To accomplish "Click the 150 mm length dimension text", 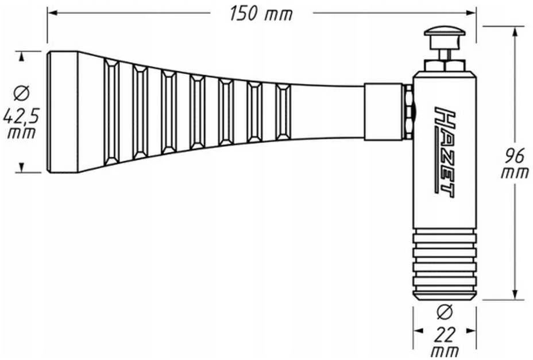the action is point(261,14).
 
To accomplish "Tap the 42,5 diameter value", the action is point(21,115).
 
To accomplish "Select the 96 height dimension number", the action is point(515,156).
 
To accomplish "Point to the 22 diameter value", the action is point(445,335).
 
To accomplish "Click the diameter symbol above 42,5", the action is point(21,94).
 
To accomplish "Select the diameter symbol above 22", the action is point(445,312).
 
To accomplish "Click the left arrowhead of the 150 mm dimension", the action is point(52,13).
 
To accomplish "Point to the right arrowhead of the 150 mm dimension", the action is point(472,13).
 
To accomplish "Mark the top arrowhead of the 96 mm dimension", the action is point(515,32).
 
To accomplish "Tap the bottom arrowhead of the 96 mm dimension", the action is point(515,295).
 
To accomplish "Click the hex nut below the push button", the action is point(445,65).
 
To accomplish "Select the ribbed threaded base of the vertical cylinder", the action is point(445,264).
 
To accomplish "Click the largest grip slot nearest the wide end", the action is point(112,112).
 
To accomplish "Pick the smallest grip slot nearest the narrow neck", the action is point(283,112).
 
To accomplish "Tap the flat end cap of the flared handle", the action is point(63,112).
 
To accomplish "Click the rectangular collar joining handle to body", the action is point(384,112).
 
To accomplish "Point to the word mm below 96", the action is point(515,173).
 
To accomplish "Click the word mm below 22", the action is point(445,351).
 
